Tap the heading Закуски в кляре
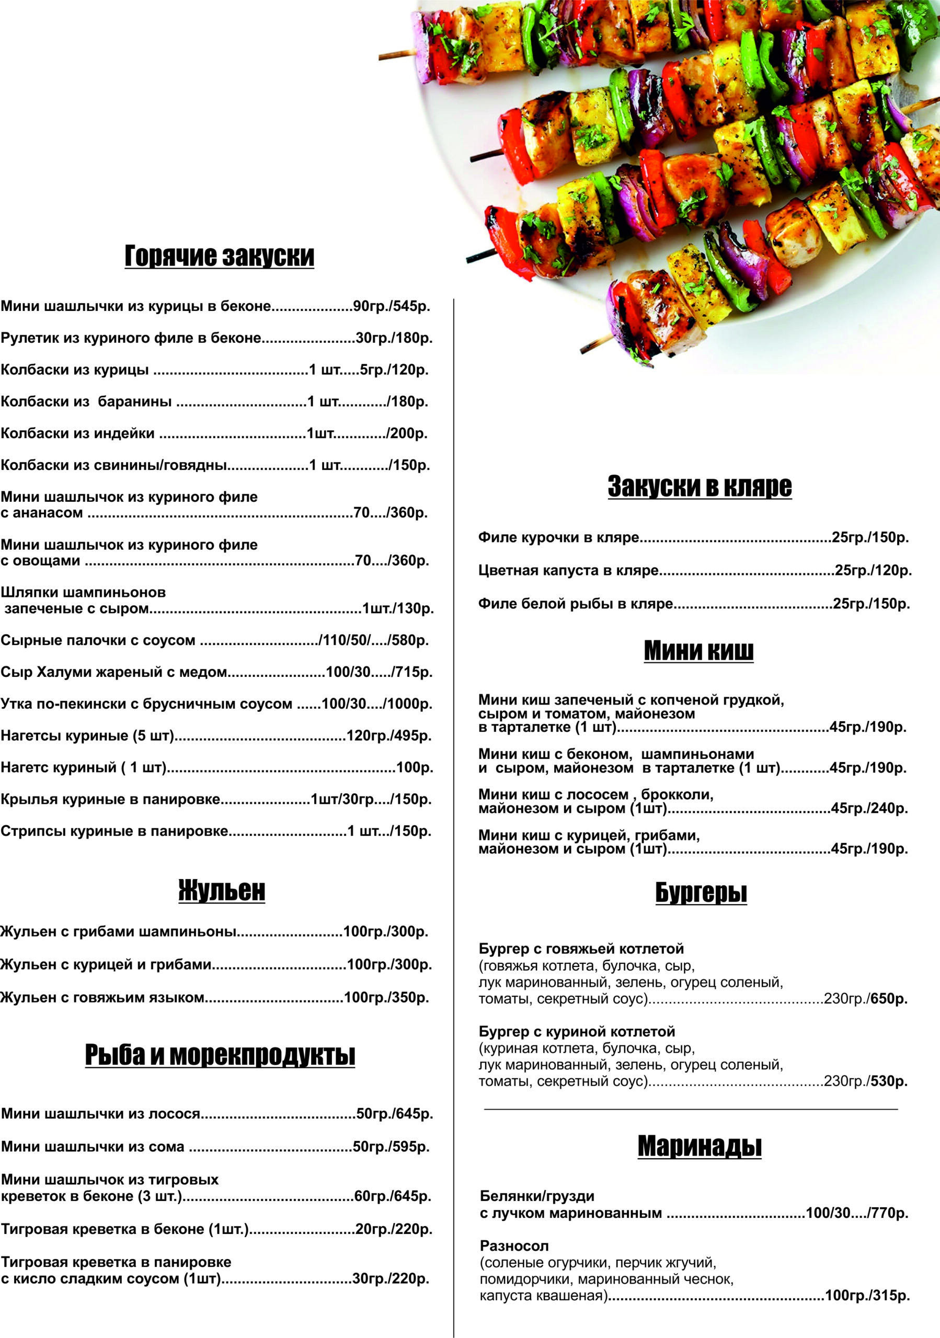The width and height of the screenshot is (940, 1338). (700, 486)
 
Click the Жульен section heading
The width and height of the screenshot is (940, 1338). (222, 890)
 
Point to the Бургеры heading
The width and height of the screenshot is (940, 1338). (701, 892)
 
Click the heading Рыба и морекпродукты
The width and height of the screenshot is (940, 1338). (220, 1054)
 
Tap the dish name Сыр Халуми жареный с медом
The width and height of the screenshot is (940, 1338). (113, 672)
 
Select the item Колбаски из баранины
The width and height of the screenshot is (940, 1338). (86, 401)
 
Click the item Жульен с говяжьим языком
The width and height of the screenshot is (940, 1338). (102, 997)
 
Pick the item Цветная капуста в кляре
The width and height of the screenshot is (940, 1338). (568, 571)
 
